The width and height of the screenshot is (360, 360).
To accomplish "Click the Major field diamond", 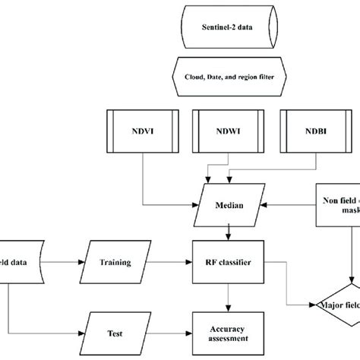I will pos(339,305).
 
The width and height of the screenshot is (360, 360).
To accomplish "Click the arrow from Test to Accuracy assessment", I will pos(167,332).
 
